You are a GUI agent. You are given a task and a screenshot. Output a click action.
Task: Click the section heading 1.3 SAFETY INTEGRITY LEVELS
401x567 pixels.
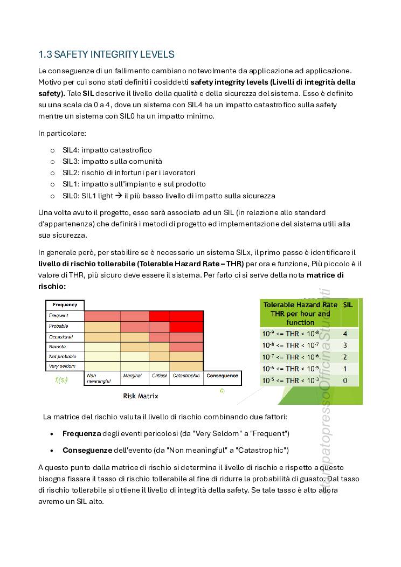[106, 54]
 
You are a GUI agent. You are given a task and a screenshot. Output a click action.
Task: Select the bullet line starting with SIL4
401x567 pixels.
[107, 150]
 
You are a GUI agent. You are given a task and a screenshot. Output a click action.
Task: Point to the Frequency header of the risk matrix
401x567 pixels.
[65, 305]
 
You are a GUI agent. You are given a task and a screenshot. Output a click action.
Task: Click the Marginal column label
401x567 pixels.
[133, 376]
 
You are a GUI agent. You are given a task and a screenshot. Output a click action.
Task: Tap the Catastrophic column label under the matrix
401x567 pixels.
[187, 376]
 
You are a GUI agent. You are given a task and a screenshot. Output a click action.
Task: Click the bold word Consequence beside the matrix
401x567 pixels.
[222, 376]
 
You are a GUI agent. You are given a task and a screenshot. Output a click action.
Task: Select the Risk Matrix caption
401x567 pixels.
[141, 396]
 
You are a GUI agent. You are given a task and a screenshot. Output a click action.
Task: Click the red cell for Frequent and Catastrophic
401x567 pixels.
[186, 316]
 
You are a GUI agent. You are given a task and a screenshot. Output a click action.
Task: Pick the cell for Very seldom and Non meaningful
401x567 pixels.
[102, 366]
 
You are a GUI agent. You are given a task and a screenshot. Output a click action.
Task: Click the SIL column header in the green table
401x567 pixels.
[348, 305]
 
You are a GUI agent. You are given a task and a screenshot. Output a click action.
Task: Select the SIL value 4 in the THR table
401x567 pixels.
[345, 334]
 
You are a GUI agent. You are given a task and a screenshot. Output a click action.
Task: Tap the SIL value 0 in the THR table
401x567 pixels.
[345, 381]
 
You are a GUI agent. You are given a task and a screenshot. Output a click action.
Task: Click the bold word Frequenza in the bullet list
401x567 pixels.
[81, 433]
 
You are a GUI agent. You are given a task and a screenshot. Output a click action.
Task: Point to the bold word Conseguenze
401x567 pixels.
[87, 450]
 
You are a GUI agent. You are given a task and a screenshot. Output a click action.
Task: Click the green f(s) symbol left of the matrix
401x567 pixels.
[61, 379]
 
